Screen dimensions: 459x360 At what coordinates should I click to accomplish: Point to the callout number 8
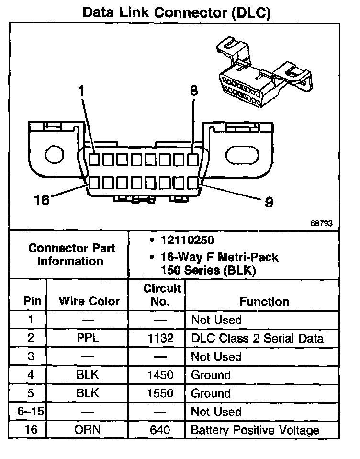[x=193, y=91]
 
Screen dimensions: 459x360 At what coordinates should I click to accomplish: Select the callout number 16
[x=42, y=199]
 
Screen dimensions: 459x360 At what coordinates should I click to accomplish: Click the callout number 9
[x=269, y=202]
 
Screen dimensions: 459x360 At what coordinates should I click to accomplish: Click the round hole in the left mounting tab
[x=53, y=154]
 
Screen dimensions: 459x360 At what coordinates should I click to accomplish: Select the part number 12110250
[x=188, y=240]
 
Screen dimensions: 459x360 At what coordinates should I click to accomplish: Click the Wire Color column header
[x=90, y=301]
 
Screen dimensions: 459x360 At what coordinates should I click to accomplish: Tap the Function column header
[x=264, y=301]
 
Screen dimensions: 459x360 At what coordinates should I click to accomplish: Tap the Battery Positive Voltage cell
[x=255, y=430]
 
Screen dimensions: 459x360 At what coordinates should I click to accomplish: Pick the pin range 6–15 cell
[x=31, y=412]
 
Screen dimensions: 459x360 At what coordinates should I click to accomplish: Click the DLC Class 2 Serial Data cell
[x=257, y=338]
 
